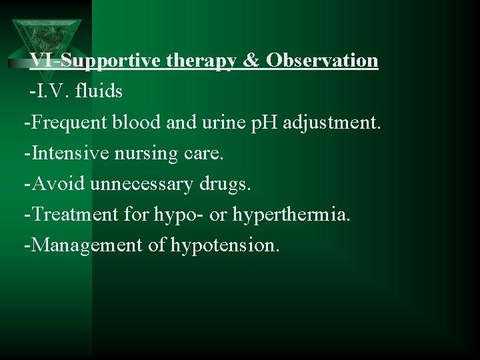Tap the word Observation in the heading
(x=323, y=61)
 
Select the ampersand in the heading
(x=250, y=61)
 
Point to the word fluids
(x=100, y=91)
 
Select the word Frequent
(x=67, y=123)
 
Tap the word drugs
(x=227, y=185)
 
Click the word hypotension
(x=225, y=246)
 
